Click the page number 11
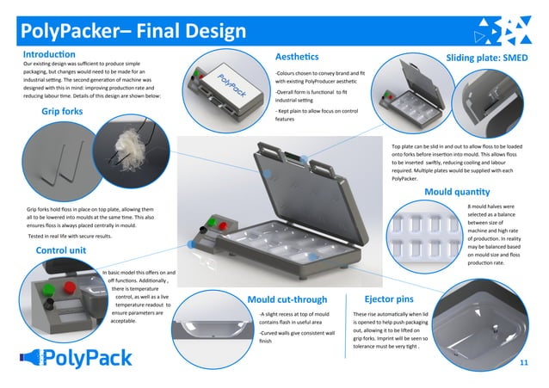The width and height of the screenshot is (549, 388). (x=524, y=364)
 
